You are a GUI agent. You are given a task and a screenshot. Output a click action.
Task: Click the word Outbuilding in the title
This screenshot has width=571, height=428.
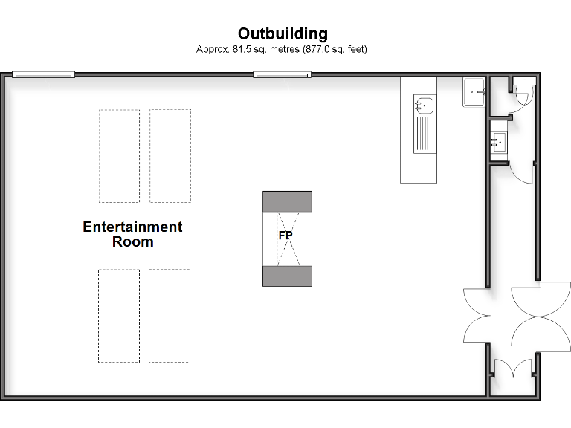tap(283, 33)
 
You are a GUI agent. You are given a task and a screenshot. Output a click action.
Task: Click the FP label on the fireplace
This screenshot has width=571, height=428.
tap(285, 236)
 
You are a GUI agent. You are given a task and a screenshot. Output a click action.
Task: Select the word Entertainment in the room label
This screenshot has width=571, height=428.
tap(132, 227)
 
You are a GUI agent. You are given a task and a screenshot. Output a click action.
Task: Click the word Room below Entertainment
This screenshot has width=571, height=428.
tap(132, 241)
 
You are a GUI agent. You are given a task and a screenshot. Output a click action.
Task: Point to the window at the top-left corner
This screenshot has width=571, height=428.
tap(43, 74)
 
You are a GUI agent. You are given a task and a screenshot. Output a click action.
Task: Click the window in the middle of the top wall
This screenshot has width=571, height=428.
tap(281, 74)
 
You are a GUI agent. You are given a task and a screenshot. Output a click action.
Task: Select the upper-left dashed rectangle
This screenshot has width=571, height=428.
tap(119, 156)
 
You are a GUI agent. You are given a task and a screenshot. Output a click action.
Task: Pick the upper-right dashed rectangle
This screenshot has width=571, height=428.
tap(170, 156)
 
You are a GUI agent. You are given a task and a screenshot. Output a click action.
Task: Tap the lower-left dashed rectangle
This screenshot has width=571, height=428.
tap(119, 316)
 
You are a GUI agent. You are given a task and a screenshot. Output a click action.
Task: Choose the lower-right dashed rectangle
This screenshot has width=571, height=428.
tap(170, 316)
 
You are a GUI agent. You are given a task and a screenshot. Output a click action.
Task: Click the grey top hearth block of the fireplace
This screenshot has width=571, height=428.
tap(287, 201)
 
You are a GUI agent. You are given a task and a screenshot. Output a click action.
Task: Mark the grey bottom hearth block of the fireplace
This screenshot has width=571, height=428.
tap(287, 276)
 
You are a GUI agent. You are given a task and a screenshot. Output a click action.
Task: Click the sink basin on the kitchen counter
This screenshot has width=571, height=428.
tap(425, 106)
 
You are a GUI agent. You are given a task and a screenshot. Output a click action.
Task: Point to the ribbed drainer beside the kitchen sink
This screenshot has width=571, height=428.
tap(425, 134)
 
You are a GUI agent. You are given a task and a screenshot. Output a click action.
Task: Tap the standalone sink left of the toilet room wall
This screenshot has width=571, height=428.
tap(474, 92)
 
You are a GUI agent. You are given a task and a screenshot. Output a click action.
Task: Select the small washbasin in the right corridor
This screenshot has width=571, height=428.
tap(497, 141)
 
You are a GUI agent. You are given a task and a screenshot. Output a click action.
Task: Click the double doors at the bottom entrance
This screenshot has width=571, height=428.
tap(513, 369)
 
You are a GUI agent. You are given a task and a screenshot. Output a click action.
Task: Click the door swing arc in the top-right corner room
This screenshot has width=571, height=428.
tap(521, 97)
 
